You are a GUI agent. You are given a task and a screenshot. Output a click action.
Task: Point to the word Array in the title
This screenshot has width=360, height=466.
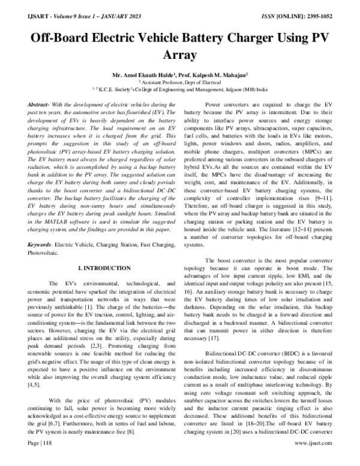coord(180,56)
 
